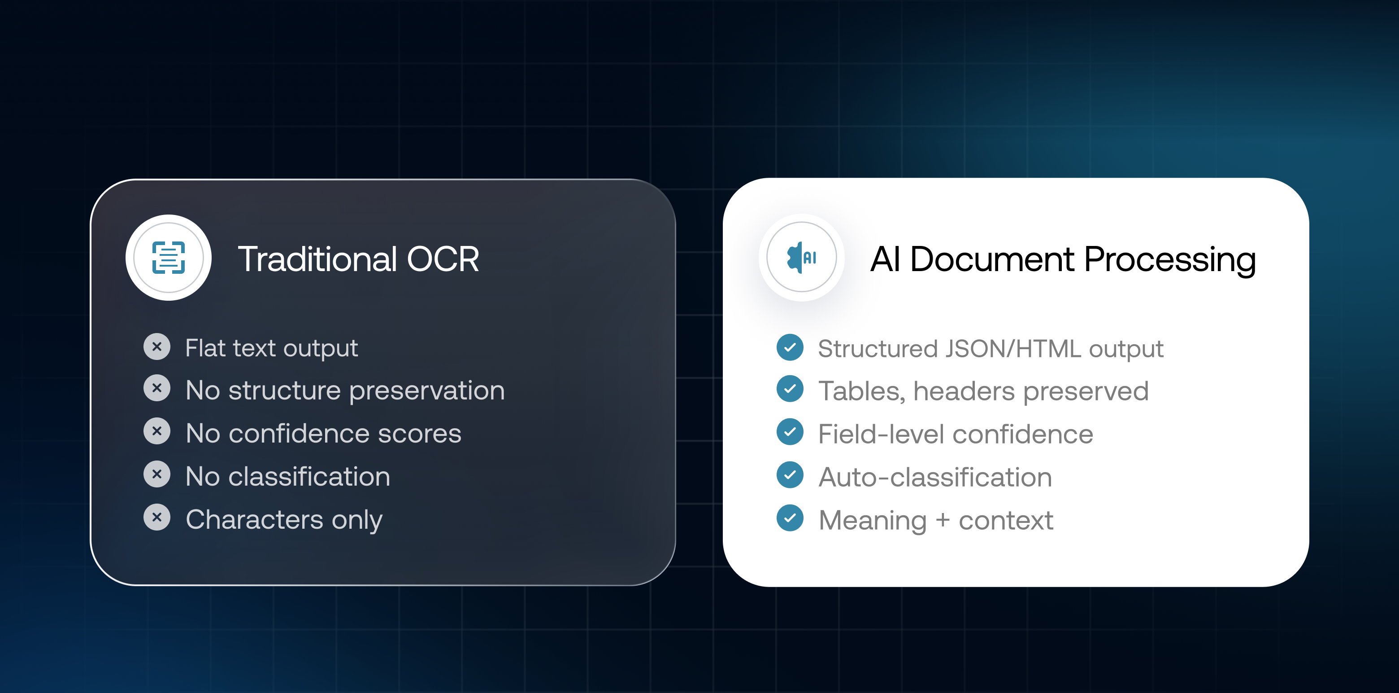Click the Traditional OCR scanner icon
click(x=168, y=258)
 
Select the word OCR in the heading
click(x=443, y=259)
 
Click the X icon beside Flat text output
click(x=157, y=347)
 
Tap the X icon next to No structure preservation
click(x=157, y=388)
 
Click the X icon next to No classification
click(x=157, y=474)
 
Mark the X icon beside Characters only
click(x=157, y=517)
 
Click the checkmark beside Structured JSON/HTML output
click(x=790, y=347)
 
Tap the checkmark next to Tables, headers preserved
click(x=790, y=389)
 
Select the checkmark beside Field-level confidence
click(x=790, y=432)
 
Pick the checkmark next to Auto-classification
click(x=790, y=475)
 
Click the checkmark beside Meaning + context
click(x=790, y=518)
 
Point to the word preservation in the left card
click(x=427, y=391)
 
